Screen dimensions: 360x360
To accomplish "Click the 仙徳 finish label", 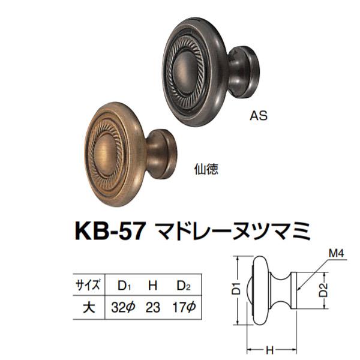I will point(206,169).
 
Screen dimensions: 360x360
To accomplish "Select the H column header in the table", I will point(154,284).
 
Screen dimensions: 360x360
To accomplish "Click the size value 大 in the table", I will point(89,308).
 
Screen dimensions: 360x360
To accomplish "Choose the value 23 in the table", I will point(153,308).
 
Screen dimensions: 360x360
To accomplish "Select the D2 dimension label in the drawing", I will point(325,289).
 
